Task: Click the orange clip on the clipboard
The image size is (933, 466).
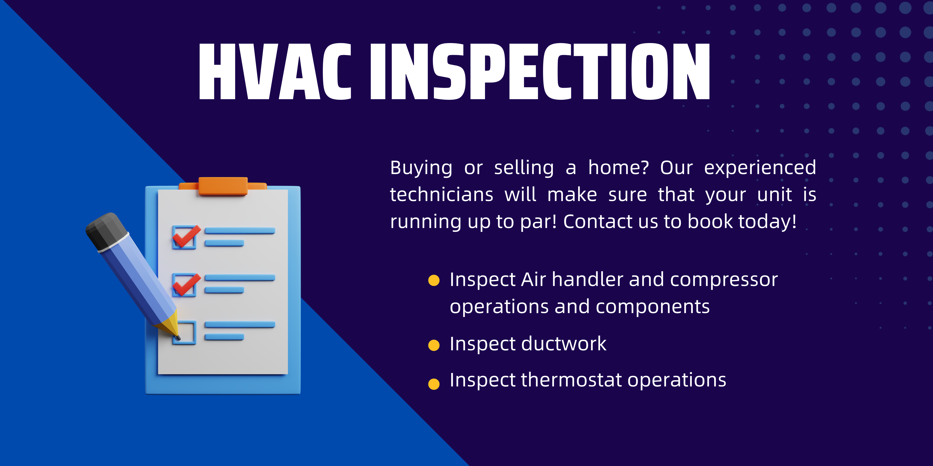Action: [223, 186]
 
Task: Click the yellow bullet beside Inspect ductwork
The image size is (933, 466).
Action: [434, 345]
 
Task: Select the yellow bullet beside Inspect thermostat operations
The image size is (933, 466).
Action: [434, 384]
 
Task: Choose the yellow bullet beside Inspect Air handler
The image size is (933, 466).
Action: [434, 280]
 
